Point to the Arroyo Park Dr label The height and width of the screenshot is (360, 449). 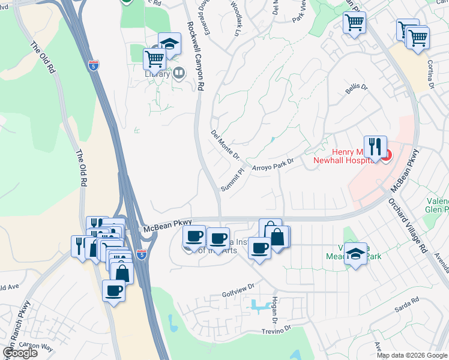273,164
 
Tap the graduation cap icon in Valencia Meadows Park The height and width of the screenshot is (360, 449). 356,254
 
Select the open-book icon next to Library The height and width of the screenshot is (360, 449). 178,73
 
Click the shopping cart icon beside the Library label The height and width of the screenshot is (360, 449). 154,59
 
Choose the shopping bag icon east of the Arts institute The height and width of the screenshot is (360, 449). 277,236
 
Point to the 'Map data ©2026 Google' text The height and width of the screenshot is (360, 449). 412,355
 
